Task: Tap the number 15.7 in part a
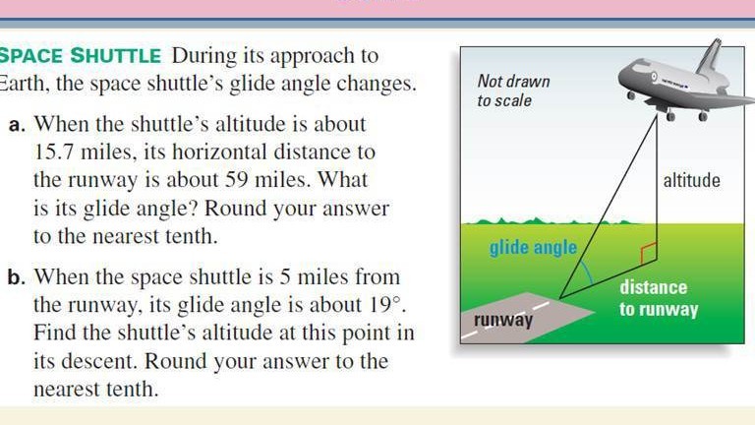click(57, 153)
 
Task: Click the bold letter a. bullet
click(17, 126)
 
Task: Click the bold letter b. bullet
click(17, 278)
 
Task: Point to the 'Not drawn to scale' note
click(513, 91)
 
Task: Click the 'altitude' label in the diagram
click(691, 181)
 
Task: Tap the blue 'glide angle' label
click(533, 247)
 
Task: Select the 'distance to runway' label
click(658, 298)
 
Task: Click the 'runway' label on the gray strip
click(503, 320)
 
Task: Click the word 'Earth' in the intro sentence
click(22, 84)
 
